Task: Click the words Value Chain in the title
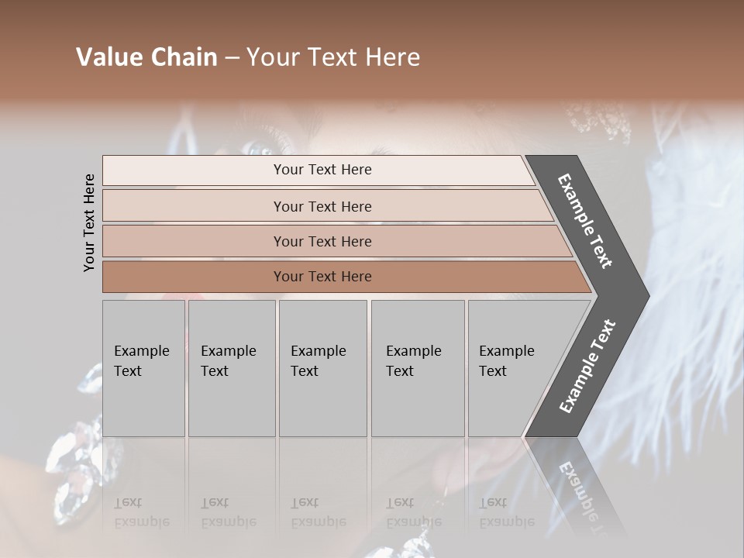[x=146, y=57]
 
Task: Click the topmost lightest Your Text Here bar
[x=322, y=170]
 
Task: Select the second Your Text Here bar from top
[x=322, y=206]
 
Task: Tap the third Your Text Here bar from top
[x=322, y=241]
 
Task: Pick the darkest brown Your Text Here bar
[x=322, y=277]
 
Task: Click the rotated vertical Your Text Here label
[x=89, y=222]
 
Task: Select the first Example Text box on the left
[x=143, y=368]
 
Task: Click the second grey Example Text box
[x=232, y=368]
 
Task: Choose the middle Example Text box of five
[x=322, y=368]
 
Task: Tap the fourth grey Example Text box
[x=418, y=368]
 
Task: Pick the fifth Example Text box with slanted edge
[x=511, y=368]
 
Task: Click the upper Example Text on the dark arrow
[x=585, y=221]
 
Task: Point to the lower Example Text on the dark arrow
[x=587, y=367]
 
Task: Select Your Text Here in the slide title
[x=333, y=57]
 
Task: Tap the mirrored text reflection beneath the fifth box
[x=507, y=512]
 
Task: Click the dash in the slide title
[x=232, y=57]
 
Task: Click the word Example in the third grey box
[x=318, y=351]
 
